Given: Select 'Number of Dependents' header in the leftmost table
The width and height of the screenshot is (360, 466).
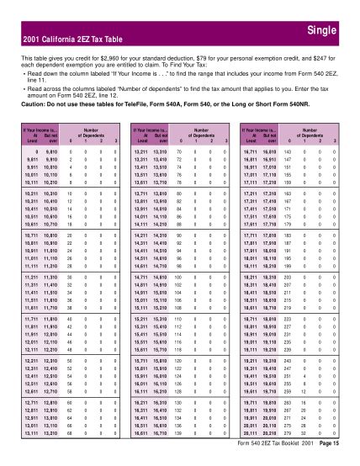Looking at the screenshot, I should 88,132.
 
